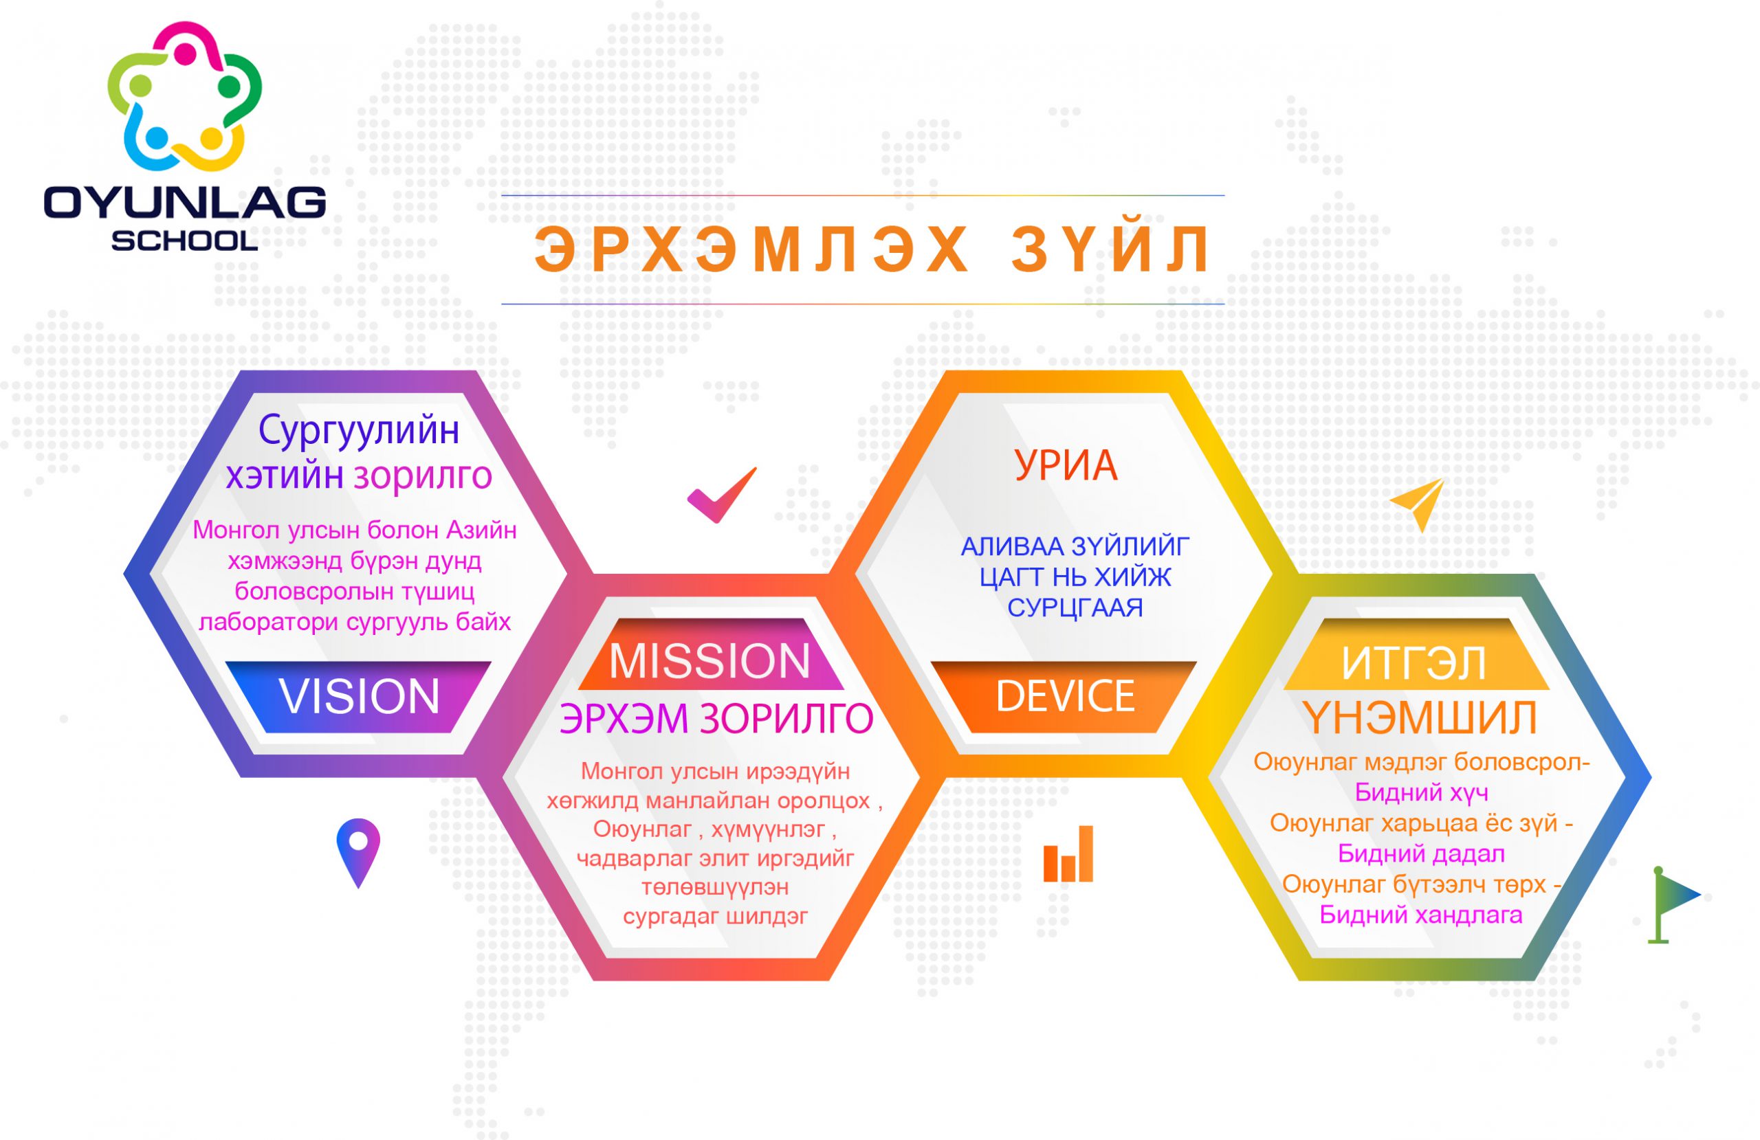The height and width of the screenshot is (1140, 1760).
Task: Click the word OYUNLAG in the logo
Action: pos(185,203)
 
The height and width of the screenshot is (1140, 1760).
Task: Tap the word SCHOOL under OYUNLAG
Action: pos(185,241)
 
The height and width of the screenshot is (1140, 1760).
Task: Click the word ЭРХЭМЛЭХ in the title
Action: pos(751,250)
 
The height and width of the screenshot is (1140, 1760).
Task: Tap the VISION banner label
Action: pos(360,695)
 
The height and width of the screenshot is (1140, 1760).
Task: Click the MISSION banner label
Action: pos(710,660)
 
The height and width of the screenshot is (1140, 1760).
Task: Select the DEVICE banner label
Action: pos(1065,695)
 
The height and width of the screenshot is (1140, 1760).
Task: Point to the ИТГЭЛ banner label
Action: pos(1414,663)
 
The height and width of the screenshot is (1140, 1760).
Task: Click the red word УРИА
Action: pos(1066,465)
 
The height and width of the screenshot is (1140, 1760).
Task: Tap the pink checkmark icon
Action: pos(722,495)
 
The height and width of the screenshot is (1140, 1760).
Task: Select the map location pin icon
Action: pos(358,852)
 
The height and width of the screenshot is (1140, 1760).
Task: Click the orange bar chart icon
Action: pos(1068,854)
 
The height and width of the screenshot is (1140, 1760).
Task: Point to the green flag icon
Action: pos(1673,906)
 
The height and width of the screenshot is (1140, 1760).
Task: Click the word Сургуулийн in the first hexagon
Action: pos(359,430)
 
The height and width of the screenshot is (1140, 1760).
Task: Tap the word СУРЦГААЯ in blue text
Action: pos(1075,607)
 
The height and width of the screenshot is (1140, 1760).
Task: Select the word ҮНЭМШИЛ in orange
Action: pos(1420,718)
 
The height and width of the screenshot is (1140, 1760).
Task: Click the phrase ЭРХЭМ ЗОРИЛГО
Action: pos(716,718)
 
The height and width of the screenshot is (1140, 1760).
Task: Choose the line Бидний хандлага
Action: pos(1420,915)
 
